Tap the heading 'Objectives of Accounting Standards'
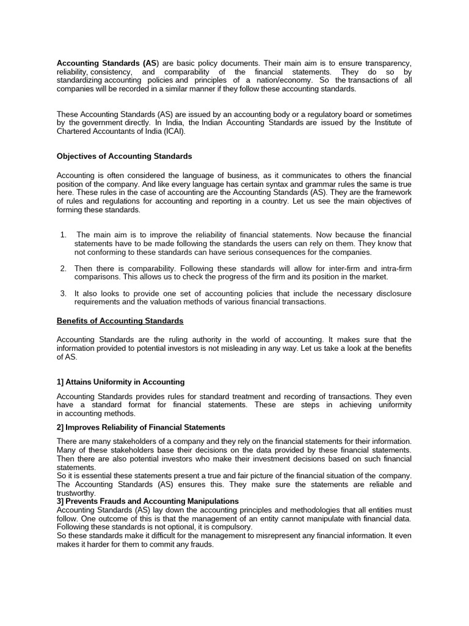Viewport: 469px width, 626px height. click(x=125, y=156)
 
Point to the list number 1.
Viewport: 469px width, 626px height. click(x=64, y=235)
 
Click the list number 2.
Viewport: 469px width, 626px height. click(x=64, y=268)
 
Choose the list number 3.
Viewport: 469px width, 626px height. click(x=64, y=293)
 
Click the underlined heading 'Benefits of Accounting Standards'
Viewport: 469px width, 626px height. click(x=120, y=321)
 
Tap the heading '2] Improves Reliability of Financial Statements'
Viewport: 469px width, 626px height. click(x=141, y=427)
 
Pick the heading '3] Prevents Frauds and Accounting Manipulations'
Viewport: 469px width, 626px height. click(x=147, y=501)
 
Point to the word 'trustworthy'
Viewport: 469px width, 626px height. click(x=75, y=493)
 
